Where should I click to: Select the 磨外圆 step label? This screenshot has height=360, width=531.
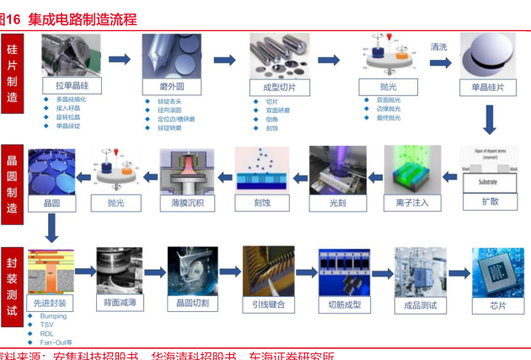point(173,87)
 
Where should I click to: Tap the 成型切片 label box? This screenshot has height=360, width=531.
point(278,87)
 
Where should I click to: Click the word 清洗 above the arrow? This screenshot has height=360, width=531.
point(438,47)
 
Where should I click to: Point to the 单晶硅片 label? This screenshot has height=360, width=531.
point(487,87)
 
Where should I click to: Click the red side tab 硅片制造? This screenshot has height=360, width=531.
point(12,75)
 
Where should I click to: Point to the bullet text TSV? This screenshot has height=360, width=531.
point(46,325)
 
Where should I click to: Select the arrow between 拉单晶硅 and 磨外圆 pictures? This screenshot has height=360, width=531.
point(121,59)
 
